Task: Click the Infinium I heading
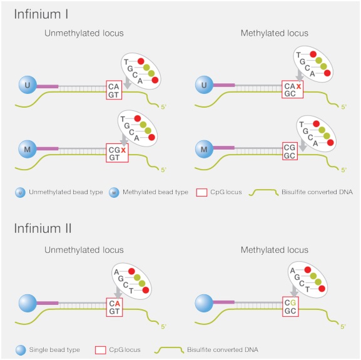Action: tap(41, 14)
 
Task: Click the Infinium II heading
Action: tap(43, 229)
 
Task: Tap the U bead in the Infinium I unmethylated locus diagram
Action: tap(28, 85)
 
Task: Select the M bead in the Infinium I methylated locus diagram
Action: tap(204, 149)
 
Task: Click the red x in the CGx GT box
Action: tap(123, 150)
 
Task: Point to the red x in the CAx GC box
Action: tap(298, 86)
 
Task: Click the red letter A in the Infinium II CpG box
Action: tap(118, 304)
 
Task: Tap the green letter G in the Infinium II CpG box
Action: tap(293, 302)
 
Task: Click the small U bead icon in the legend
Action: tap(20, 193)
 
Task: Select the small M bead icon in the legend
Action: tap(114, 193)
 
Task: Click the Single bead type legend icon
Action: tap(21, 351)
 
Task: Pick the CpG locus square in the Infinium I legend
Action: tap(201, 193)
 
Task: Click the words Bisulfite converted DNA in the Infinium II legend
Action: tap(223, 349)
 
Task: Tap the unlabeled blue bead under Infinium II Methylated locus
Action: tap(204, 303)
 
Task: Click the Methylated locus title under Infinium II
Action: tap(275, 250)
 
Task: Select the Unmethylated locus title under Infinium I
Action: tap(84, 33)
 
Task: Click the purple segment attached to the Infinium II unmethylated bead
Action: tap(48, 303)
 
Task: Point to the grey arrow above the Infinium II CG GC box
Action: tap(294, 291)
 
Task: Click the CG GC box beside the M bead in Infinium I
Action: tap(290, 152)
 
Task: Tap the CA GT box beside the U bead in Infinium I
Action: tap(114, 90)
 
